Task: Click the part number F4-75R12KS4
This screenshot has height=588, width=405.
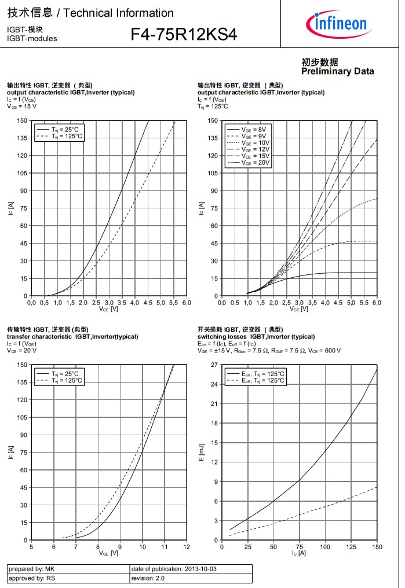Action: [184, 35]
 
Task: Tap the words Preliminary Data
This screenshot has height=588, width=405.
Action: [337, 71]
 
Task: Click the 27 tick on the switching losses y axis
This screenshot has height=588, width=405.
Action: [213, 365]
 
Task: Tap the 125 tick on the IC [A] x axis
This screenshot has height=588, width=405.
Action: [351, 546]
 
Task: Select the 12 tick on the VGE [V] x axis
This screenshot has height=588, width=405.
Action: [187, 546]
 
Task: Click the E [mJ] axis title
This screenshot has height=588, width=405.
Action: [202, 453]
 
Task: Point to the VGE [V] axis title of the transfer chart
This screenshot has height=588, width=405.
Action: [108, 553]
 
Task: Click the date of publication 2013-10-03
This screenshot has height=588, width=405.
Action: [173, 569]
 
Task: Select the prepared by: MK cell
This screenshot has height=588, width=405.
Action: [30, 569]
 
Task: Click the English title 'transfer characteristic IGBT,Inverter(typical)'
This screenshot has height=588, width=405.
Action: [72, 336]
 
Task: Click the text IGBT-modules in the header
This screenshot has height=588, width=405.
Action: [32, 38]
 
